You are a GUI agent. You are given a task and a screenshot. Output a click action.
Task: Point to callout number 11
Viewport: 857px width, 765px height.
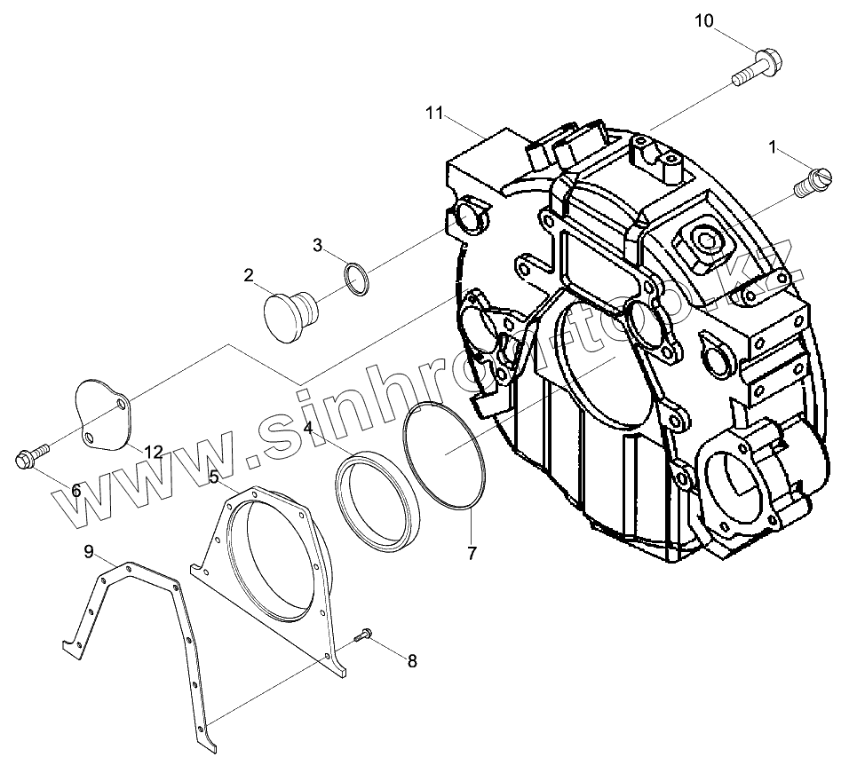tap(433, 112)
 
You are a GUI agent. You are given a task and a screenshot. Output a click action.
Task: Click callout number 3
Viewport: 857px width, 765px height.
tap(318, 246)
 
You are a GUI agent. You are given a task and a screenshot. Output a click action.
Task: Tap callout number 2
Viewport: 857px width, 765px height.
tap(249, 276)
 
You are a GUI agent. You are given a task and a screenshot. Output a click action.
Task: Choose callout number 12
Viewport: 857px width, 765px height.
tap(154, 452)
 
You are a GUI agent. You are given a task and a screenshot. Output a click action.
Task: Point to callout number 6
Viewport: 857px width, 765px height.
tap(76, 490)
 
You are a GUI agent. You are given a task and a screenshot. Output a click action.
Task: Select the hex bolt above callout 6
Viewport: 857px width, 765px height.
tap(26, 458)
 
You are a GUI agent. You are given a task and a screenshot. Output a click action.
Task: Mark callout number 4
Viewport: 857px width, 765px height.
tap(307, 428)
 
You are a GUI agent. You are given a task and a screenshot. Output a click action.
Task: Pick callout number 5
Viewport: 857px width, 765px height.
tap(214, 477)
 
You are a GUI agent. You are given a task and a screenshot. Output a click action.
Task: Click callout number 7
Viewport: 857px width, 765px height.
tap(472, 553)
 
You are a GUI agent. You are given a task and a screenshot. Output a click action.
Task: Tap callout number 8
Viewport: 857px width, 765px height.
tap(410, 660)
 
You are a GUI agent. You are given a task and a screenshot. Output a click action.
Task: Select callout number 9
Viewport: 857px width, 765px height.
tap(89, 552)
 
